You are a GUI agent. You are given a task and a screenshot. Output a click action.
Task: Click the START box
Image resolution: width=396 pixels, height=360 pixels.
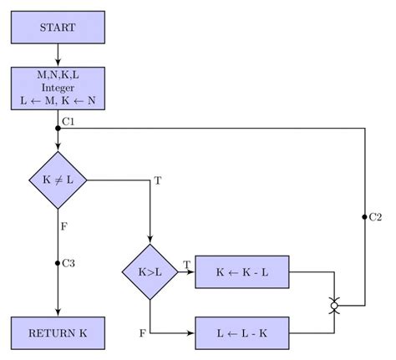[58, 28]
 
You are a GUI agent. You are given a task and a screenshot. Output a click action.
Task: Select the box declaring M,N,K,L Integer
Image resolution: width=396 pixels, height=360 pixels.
[58, 89]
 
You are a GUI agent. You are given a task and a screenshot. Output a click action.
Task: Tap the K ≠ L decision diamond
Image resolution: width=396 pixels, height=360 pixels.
[58, 180]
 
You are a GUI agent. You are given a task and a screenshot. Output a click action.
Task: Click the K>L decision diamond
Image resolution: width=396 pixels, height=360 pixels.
[150, 271]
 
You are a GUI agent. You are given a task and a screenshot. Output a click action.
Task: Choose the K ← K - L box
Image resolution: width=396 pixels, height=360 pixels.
[241, 271]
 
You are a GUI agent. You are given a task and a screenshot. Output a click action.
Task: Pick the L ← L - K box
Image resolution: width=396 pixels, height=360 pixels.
[241, 332]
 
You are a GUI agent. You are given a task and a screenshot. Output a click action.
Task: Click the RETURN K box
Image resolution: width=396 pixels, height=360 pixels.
[58, 332]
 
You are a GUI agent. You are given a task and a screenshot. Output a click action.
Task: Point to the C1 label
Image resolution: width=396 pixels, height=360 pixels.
[69, 124]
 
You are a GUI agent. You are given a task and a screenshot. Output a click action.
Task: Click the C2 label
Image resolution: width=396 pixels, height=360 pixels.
[376, 217]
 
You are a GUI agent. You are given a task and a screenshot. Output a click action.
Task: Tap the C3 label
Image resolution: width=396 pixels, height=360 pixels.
[69, 263]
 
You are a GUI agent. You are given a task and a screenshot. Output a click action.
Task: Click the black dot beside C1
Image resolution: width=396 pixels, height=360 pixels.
[58, 128]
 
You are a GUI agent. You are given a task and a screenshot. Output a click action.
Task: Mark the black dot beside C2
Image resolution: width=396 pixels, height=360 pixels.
[365, 217]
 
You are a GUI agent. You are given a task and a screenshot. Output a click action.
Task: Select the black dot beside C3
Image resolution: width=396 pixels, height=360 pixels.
[58, 263]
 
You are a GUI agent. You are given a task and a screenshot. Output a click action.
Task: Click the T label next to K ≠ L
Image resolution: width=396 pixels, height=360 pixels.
[156, 181]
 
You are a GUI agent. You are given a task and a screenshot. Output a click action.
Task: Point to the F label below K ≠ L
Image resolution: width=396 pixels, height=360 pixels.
[64, 225]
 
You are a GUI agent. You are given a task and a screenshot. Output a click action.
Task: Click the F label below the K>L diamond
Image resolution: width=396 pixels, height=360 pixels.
[144, 333]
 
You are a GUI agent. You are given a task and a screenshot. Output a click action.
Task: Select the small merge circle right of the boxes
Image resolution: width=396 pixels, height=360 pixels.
[334, 306]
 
